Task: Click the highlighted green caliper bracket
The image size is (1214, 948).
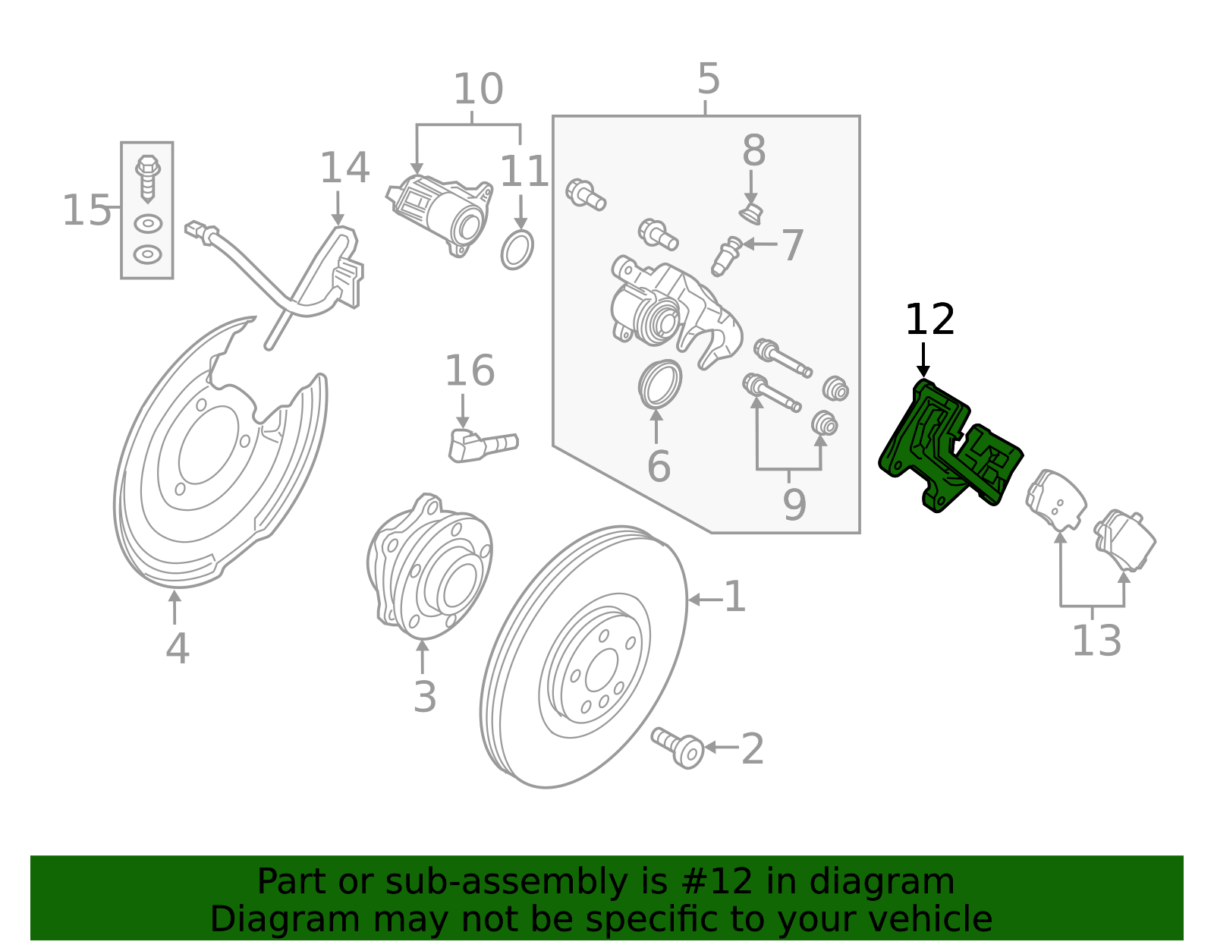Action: point(948,448)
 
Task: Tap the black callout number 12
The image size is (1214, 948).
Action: point(929,320)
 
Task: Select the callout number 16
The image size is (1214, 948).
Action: point(469,371)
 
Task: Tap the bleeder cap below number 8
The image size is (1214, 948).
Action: point(750,213)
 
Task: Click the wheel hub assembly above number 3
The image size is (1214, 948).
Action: point(429,566)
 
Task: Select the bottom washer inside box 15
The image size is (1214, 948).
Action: point(147,254)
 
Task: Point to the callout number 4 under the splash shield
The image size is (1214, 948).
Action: point(177,649)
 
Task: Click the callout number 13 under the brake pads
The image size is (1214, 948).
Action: point(1096,641)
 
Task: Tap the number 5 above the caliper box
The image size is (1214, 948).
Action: point(708,79)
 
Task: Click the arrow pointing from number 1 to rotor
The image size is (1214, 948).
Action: point(704,600)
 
